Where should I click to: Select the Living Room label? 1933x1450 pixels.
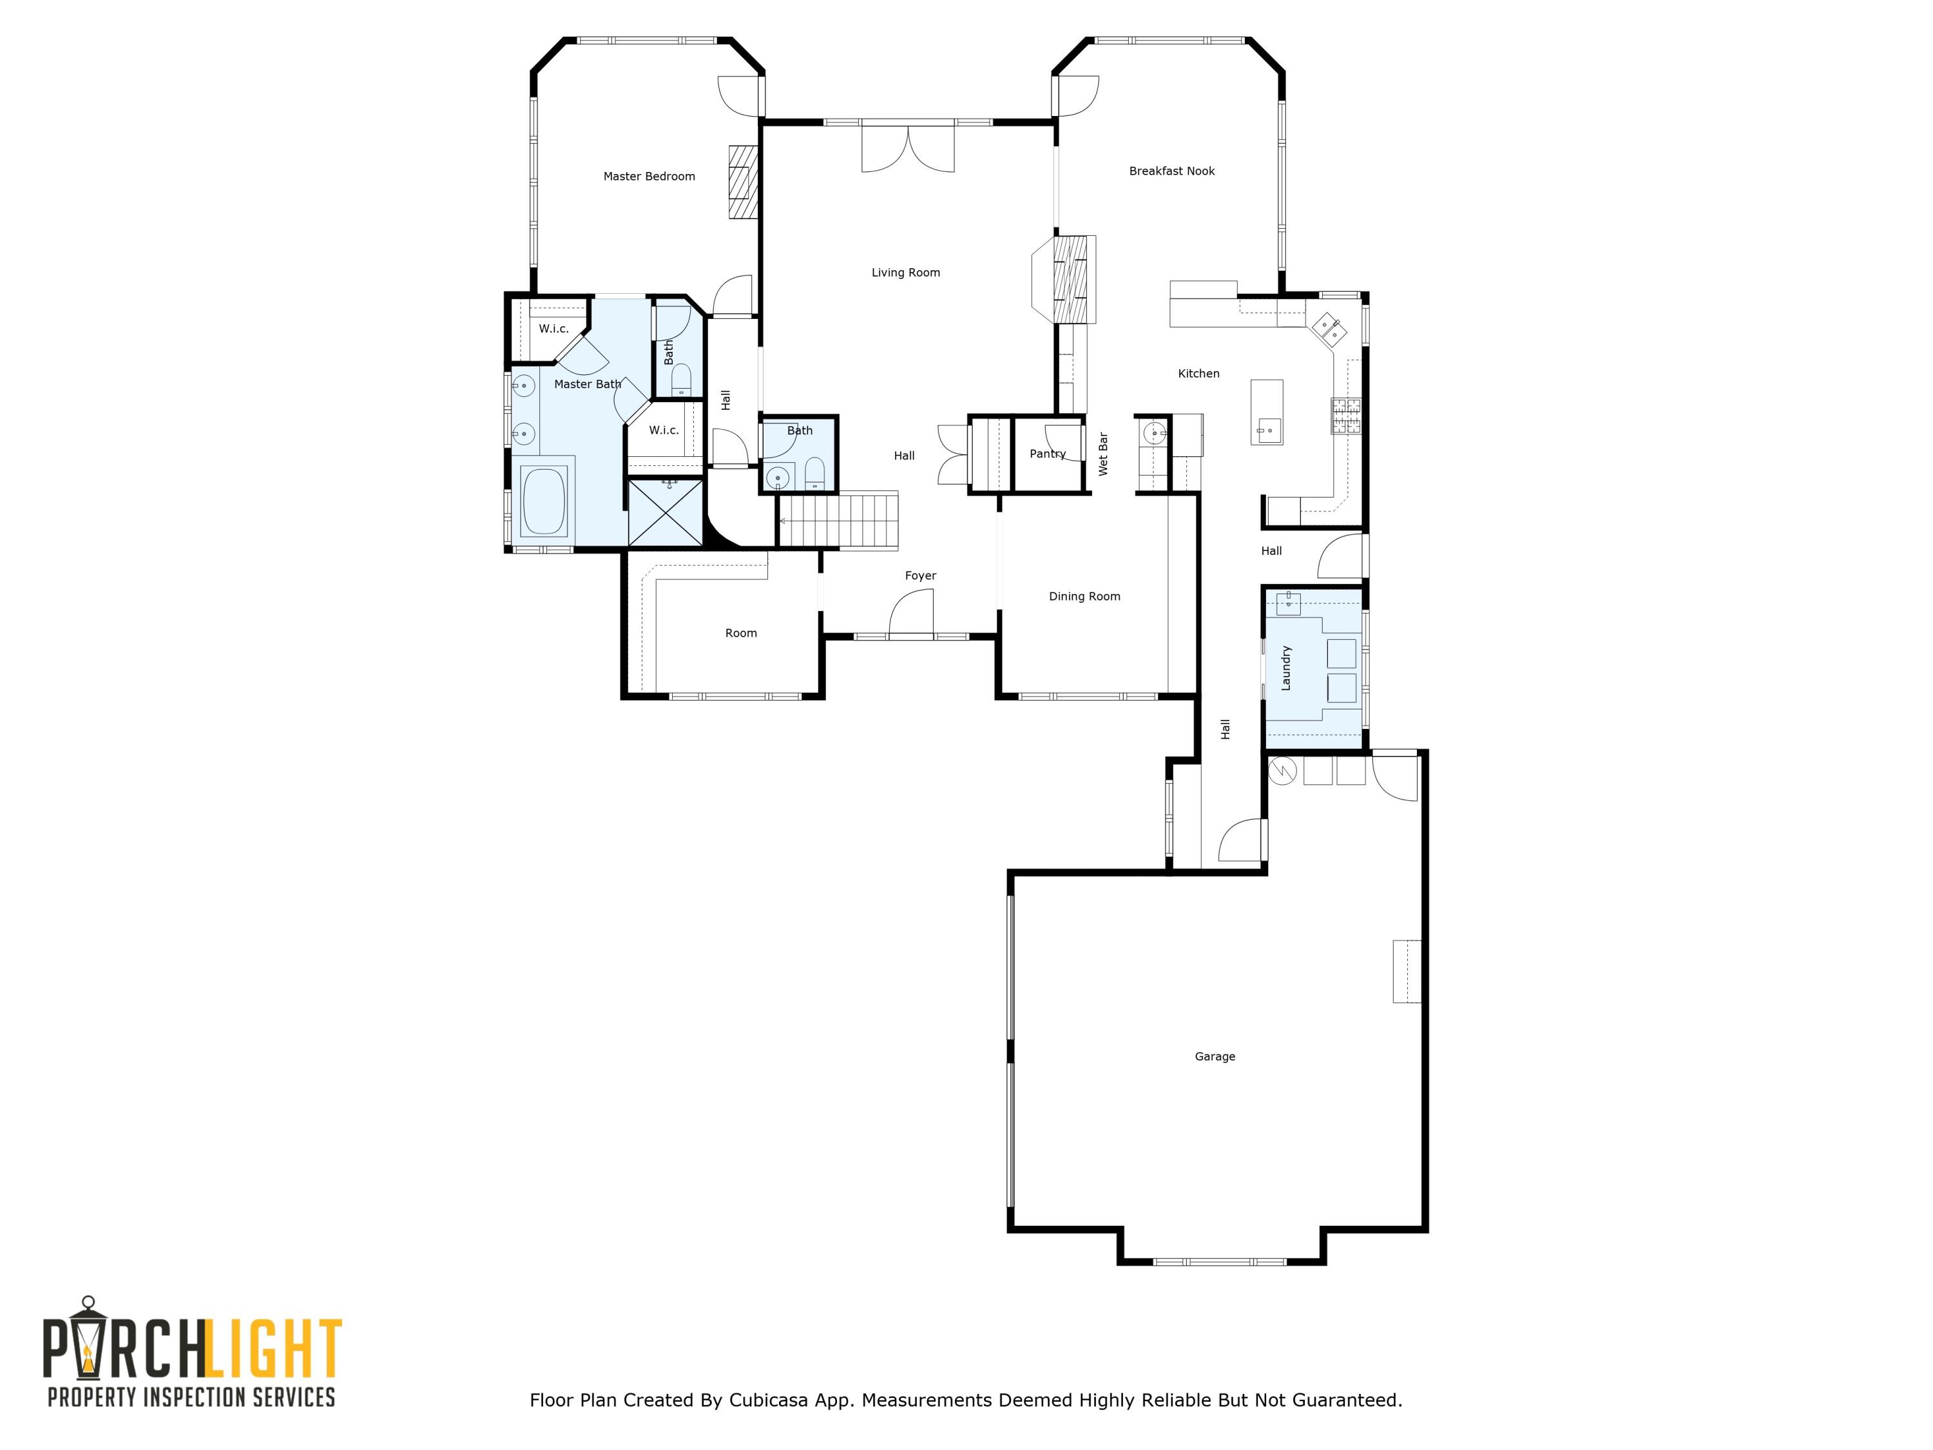905,273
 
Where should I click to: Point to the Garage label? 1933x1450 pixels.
1215,1057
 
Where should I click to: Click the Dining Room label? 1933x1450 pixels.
1084,597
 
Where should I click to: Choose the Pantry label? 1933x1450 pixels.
1047,454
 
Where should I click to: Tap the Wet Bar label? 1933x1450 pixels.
1103,454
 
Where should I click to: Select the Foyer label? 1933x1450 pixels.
920,576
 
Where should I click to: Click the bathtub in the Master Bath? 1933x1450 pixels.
544,501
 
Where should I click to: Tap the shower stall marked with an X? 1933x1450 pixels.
666,512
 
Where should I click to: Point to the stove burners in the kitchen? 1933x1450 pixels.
1346,415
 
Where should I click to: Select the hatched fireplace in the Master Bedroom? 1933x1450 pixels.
743,182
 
